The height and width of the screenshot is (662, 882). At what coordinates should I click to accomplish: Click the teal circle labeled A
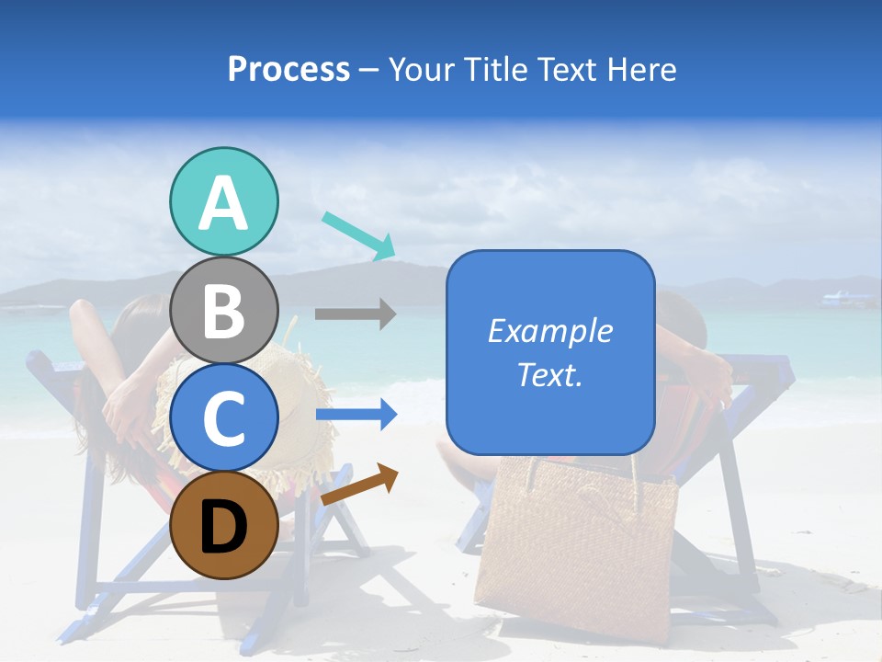(224, 202)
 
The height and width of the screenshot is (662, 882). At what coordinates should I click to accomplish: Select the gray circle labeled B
(224, 311)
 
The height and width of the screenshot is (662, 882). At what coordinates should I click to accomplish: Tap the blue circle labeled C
(224, 418)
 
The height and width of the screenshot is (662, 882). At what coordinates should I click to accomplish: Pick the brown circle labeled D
(224, 525)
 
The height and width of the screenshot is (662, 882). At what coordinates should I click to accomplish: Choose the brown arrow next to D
(359, 484)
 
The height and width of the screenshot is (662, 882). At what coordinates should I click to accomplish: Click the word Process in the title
(288, 69)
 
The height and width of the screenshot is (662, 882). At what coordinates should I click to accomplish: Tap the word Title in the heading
(488, 69)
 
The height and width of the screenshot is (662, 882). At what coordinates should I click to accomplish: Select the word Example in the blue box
(549, 331)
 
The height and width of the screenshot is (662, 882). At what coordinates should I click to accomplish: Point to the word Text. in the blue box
(549, 375)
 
